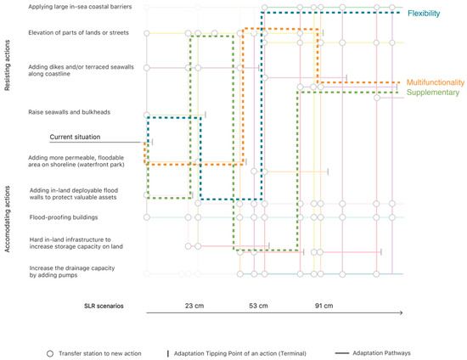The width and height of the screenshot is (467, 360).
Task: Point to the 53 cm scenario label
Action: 258,306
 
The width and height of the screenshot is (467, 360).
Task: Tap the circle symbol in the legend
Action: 51,352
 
